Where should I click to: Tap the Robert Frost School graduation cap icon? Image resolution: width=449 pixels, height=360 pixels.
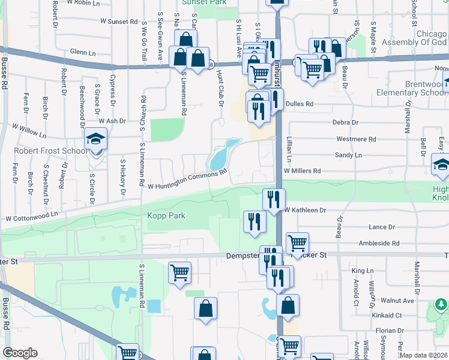click(95, 140)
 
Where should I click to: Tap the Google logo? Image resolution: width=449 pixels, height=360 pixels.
click(20, 353)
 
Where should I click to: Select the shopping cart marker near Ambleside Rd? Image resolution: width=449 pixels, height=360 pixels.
click(297, 243)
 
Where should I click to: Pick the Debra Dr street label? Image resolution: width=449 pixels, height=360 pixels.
click(345, 122)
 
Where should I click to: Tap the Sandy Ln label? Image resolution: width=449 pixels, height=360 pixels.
click(348, 155)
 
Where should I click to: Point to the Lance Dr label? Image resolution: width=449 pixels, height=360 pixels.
click(382, 227)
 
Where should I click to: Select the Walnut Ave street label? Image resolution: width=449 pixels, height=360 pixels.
click(399, 300)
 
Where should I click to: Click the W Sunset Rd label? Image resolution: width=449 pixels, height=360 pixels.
click(119, 22)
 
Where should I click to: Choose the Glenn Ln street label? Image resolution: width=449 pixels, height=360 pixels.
click(83, 53)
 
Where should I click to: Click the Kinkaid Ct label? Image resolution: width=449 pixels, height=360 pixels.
click(386, 315)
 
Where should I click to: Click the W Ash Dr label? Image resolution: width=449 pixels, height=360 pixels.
click(112, 121)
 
